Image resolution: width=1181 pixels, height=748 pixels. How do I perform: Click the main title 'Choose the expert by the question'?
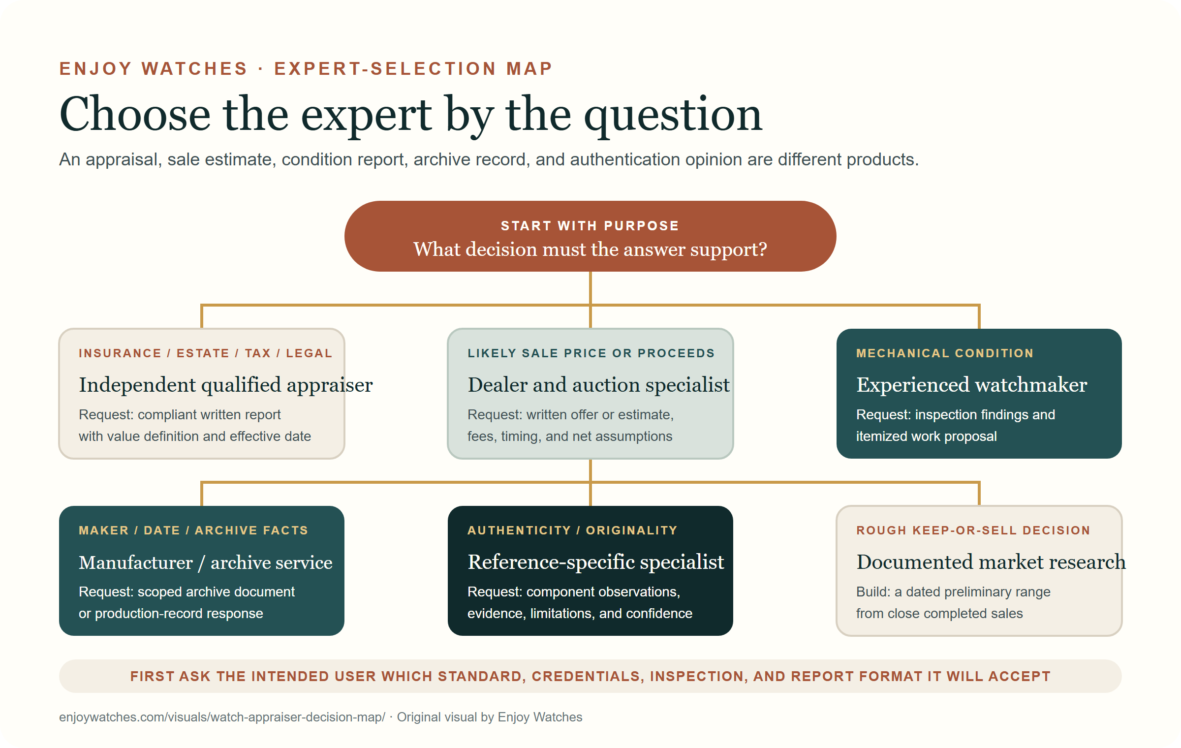click(411, 115)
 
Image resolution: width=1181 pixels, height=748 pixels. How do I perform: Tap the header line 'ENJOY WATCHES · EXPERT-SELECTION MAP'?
click(306, 68)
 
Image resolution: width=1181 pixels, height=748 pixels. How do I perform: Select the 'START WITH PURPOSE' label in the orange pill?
click(590, 226)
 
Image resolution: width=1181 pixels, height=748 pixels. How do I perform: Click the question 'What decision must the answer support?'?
click(590, 249)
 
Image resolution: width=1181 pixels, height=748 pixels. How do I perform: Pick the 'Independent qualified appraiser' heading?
click(226, 385)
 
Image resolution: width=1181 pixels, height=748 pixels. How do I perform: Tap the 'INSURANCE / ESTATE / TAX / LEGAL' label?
click(206, 353)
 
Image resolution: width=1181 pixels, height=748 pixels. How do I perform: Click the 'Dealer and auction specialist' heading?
click(598, 385)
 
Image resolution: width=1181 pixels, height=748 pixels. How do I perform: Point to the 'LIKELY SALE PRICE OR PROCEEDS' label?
click(591, 353)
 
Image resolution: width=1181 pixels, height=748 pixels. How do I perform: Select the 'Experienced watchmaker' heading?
click(971, 385)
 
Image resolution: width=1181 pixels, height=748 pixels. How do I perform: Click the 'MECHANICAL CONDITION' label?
click(945, 353)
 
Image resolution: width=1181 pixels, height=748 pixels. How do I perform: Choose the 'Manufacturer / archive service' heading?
click(206, 562)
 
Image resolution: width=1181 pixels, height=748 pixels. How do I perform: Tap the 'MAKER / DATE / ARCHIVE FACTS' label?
click(193, 530)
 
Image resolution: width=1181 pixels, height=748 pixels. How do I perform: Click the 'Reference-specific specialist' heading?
click(596, 562)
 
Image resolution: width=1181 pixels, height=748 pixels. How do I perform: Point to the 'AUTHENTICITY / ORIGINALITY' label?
click(572, 530)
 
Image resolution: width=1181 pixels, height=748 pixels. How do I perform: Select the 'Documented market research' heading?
click(991, 562)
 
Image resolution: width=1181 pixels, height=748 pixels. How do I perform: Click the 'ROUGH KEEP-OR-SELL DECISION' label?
click(973, 530)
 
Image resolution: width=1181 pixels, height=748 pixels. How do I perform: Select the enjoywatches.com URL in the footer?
click(222, 717)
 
